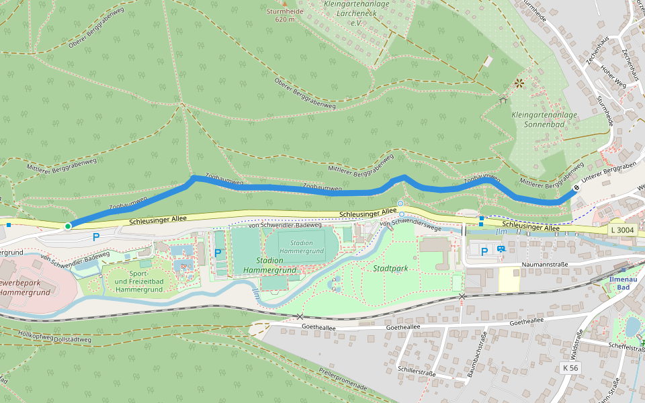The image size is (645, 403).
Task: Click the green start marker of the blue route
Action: point(68,226)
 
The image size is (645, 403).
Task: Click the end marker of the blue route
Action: point(576,189)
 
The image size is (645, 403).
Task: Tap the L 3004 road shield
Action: point(622,230)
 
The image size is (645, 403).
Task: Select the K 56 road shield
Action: point(570,368)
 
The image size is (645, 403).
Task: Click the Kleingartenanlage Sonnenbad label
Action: point(544,120)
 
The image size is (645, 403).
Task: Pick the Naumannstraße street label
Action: point(546,265)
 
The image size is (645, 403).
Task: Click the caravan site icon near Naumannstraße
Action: point(501,249)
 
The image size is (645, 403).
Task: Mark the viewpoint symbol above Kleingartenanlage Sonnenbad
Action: point(519,83)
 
